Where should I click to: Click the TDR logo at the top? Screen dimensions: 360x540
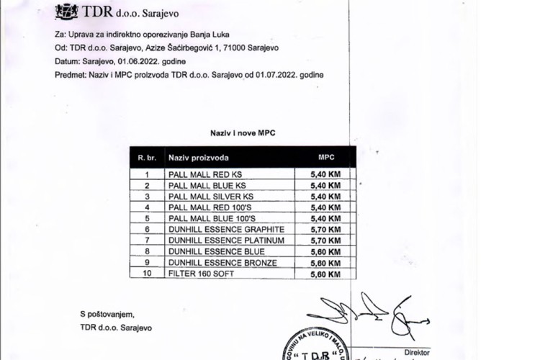click(67, 11)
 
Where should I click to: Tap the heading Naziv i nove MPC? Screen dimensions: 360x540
click(243, 133)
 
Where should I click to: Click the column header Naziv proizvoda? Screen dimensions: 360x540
click(199, 157)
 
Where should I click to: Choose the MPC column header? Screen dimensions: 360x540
click(325, 156)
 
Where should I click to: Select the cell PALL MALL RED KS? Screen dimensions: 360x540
click(205, 174)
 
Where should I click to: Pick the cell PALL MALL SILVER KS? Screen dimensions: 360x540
click(210, 196)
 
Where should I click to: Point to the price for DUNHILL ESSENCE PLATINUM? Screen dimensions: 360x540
click(325, 240)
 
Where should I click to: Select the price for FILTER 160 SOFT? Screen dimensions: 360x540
click(325, 274)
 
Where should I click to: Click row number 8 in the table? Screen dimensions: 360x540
click(148, 251)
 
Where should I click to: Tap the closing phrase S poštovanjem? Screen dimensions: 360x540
click(107, 314)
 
